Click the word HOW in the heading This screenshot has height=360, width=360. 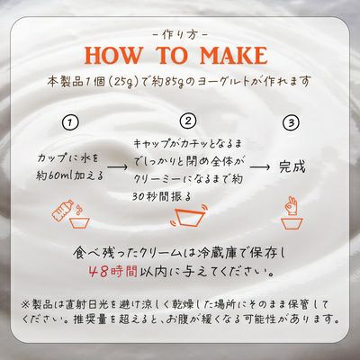(112, 56)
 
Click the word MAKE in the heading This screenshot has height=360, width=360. (233, 56)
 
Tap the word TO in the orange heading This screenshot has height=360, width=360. (172, 56)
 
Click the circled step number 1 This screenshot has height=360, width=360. (69, 122)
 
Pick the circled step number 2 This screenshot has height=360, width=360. (188, 121)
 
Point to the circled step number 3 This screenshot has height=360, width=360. (291, 122)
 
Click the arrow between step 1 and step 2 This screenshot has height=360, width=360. (117, 166)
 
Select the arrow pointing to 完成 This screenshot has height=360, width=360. (260, 166)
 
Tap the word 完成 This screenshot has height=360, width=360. (292, 166)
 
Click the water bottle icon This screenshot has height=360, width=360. (63, 211)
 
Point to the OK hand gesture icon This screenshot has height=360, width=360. (291, 206)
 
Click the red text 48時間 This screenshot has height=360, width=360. (113, 272)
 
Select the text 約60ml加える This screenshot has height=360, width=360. (69, 175)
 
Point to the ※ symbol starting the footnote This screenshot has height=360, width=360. (25, 303)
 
